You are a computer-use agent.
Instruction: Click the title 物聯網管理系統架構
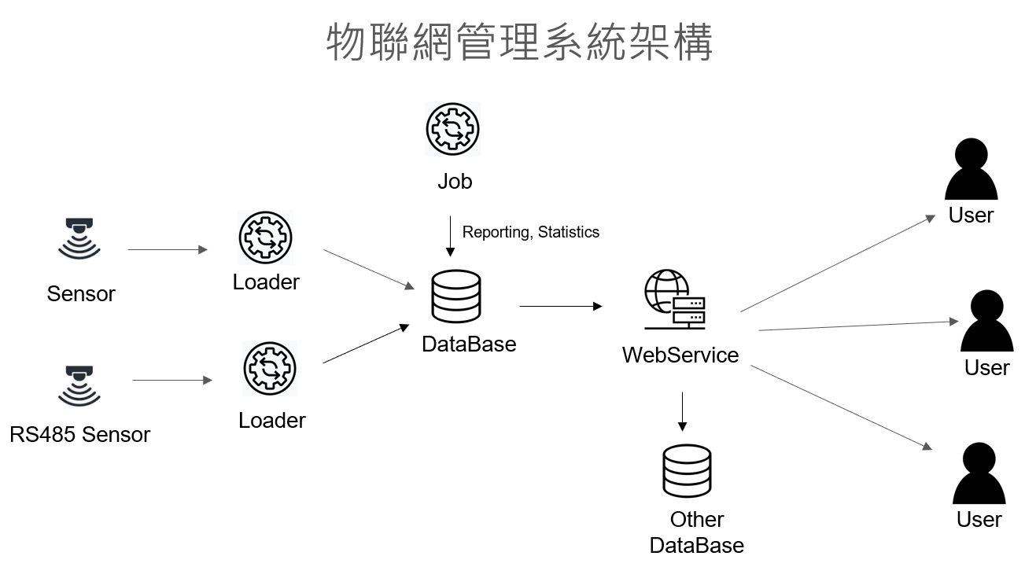pos(519,42)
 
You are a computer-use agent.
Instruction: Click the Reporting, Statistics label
pos(530,232)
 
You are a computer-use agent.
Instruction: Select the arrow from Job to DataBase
pos(450,236)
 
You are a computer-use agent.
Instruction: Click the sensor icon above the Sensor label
pos(79,237)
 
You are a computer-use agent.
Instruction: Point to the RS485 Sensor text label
pos(80,433)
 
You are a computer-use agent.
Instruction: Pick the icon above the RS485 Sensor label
pos(79,385)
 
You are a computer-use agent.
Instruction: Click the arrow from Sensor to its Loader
pos(167,250)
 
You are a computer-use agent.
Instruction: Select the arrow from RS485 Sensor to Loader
pos(172,381)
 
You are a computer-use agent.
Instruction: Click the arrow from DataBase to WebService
pos(560,305)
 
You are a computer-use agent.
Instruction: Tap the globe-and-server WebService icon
pos(675,300)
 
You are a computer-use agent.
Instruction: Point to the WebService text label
pos(680,355)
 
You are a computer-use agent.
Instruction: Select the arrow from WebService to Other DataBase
pos(682,411)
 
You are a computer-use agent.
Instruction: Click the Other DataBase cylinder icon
pos(687,472)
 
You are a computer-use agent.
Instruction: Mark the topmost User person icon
pos(971,170)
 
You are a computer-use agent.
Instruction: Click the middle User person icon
pos(986,322)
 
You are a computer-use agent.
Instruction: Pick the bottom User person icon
pos(979,474)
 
